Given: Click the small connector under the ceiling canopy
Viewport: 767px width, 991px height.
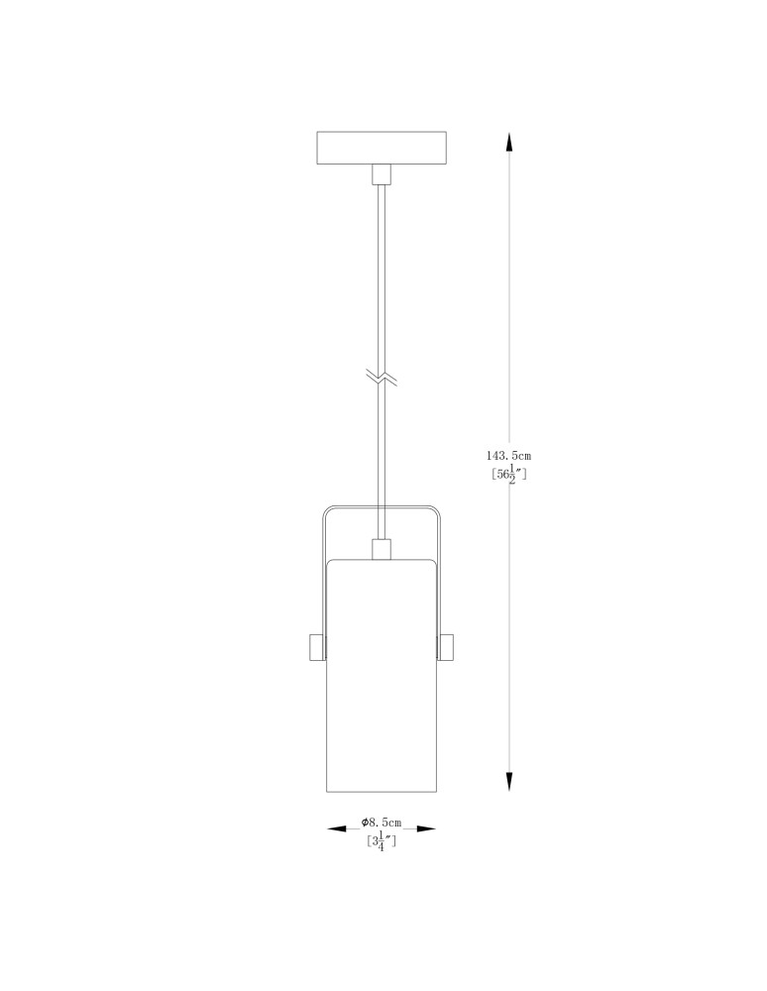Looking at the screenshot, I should point(381,174).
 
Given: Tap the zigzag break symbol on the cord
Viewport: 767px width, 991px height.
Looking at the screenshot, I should point(381,378).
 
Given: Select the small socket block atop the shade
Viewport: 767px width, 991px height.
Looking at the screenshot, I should point(381,549).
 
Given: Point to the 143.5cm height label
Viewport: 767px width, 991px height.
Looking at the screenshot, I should point(508,455).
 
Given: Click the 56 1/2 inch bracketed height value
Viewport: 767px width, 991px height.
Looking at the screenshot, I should point(508,474).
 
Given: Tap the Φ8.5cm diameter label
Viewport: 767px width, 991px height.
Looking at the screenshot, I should point(382,823).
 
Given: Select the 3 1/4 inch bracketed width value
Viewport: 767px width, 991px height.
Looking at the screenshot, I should point(382,842).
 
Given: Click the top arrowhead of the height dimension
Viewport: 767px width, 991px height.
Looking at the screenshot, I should point(509,141).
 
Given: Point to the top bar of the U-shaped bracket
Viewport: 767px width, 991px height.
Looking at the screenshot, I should point(381,508).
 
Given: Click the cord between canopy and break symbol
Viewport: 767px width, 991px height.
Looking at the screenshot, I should point(381,277).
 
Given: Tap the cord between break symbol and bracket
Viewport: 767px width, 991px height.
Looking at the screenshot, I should point(381,446).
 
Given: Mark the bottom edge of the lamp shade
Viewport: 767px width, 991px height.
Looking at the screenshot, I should point(381,792).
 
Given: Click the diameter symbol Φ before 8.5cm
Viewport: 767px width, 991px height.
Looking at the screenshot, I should point(365,823).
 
